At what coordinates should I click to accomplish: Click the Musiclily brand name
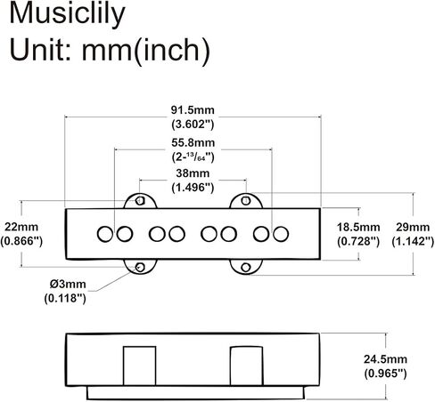click(x=67, y=14)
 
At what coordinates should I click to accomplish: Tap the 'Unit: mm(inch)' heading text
click(x=110, y=50)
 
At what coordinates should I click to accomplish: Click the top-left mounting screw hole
click(x=140, y=201)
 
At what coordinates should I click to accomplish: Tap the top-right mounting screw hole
click(x=246, y=201)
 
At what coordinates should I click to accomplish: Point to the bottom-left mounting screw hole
click(x=140, y=268)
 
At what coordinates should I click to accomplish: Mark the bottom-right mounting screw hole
click(x=246, y=268)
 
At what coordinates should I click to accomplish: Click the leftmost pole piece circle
click(x=105, y=234)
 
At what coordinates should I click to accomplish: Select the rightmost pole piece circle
click(x=281, y=234)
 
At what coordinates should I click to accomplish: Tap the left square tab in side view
click(x=140, y=366)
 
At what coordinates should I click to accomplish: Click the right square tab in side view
click(x=246, y=366)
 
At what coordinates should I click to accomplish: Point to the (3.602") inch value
click(x=193, y=125)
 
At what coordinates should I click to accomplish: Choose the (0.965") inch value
click(x=385, y=374)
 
